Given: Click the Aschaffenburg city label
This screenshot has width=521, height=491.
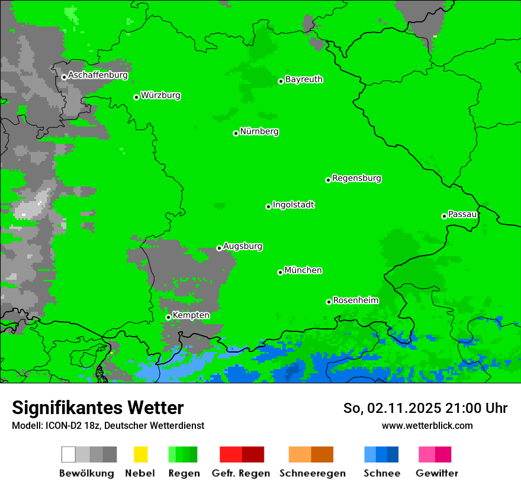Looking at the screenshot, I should click(x=98, y=75).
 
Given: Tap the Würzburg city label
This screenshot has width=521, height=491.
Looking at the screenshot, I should click(x=160, y=95).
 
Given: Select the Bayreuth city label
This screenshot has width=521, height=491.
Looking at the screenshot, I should click(x=304, y=79).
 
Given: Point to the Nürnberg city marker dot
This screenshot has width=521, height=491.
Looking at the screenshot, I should click(x=236, y=133).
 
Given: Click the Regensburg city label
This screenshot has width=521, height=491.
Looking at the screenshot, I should click(x=356, y=178).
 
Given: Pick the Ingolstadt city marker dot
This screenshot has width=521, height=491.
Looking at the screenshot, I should click(x=268, y=206).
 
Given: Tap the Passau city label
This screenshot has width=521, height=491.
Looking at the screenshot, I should click(x=462, y=214).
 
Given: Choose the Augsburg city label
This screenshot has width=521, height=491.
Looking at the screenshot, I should click(x=243, y=246).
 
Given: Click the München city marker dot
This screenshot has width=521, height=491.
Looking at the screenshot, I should click(x=280, y=272).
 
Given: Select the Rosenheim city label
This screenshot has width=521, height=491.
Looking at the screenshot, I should click(x=355, y=300).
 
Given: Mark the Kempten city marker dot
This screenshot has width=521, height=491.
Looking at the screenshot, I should click(x=168, y=317).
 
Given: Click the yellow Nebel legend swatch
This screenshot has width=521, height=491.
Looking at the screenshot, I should click(x=140, y=454).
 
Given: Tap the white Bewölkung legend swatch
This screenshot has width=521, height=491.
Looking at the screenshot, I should click(x=69, y=454).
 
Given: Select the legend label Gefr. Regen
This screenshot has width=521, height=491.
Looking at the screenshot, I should click(x=241, y=473).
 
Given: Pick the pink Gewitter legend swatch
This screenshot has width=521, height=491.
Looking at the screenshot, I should click(x=427, y=454).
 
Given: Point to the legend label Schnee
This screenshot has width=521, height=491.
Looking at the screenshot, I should click(x=381, y=473).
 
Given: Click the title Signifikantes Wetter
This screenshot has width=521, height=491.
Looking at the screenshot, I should click(x=98, y=408).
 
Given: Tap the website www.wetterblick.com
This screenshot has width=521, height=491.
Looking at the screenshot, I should click(x=427, y=425).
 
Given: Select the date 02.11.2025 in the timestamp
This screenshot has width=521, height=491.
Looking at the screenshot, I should click(x=405, y=408).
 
